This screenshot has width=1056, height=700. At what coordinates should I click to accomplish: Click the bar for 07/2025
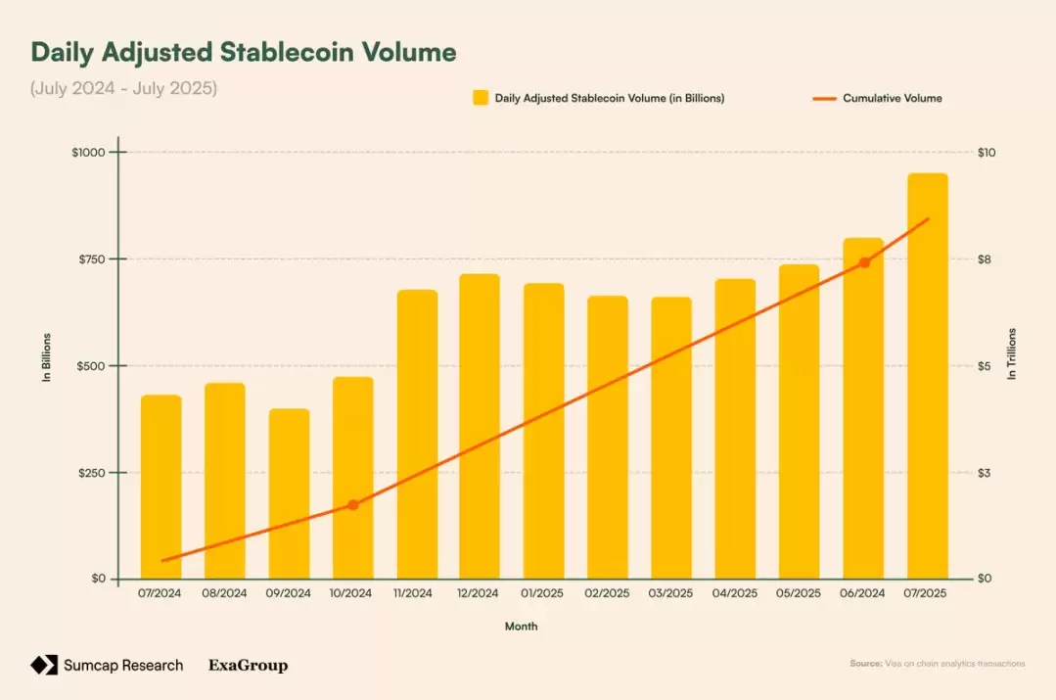[x=927, y=376]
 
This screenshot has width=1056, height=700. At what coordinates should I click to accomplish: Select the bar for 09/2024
[x=289, y=493]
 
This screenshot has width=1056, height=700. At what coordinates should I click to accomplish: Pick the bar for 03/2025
[x=671, y=438]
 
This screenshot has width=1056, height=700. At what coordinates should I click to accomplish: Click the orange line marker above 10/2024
[x=353, y=505]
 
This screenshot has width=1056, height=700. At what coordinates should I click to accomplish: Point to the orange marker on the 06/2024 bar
[x=864, y=262]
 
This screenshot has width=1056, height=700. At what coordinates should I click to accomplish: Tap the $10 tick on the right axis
[x=987, y=153]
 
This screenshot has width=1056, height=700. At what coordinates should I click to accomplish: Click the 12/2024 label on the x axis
[x=480, y=593]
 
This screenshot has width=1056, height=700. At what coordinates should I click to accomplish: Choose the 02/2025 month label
[x=607, y=593]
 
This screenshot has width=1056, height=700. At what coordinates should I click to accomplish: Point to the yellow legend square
[x=481, y=98]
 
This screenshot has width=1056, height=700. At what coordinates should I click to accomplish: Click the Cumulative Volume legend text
[x=893, y=98]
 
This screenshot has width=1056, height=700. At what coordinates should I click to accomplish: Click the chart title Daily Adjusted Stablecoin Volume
[x=244, y=52]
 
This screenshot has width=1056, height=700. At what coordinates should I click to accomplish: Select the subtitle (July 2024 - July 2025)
[x=123, y=88]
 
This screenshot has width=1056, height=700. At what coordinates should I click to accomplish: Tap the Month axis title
[x=521, y=626]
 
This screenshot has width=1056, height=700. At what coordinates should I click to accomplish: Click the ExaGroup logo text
[x=248, y=666]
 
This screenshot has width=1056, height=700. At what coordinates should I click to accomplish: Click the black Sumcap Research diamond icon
[x=44, y=666]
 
